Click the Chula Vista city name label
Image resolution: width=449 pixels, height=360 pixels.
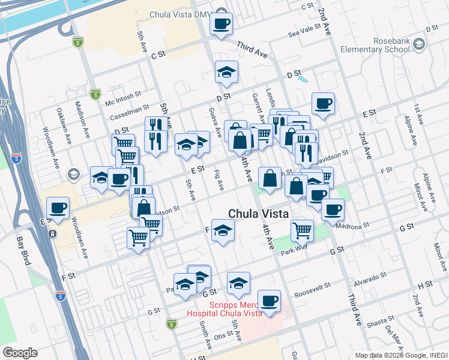pyautogui.click(x=258, y=214)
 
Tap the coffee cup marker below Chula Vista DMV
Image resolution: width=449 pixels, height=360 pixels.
pyautogui.click(x=221, y=25)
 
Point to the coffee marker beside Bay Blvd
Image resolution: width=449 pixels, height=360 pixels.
pyautogui.click(x=58, y=209)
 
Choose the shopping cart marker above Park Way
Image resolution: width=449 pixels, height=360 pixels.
pyautogui.click(x=302, y=229)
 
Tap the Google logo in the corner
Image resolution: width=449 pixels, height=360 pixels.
pyautogui.click(x=20, y=353)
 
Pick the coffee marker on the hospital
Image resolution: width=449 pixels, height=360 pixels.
pyautogui.click(x=269, y=300)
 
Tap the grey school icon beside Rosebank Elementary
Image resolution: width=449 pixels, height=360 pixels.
pyautogui.click(x=418, y=44)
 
